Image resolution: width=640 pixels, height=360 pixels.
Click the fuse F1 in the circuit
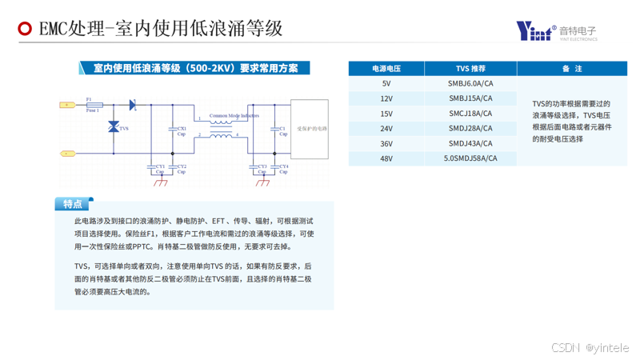(94, 105)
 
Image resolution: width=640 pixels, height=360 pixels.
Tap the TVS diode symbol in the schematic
(114, 126)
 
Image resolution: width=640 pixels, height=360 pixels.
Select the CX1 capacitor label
(182, 128)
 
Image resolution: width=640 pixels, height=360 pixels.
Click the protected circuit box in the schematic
(310, 127)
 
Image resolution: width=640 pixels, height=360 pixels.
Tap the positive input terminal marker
(67, 105)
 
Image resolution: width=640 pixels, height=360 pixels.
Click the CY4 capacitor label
(282, 167)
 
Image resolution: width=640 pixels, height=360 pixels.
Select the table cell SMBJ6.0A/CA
(470, 83)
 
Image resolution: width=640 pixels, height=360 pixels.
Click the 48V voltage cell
(386, 158)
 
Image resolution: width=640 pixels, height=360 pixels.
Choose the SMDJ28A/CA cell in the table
(470, 129)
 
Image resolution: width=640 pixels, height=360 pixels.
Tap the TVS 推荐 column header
(470, 69)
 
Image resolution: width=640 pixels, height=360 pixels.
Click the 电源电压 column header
(386, 69)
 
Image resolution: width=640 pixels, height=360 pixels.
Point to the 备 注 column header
(572, 69)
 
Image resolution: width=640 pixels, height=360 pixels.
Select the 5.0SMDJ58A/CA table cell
(470, 158)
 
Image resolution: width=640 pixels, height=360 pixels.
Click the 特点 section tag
(73, 204)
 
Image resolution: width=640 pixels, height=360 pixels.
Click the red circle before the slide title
(25, 30)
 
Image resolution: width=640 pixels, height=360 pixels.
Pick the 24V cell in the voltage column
(386, 129)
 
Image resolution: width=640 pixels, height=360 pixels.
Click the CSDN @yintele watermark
(590, 348)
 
